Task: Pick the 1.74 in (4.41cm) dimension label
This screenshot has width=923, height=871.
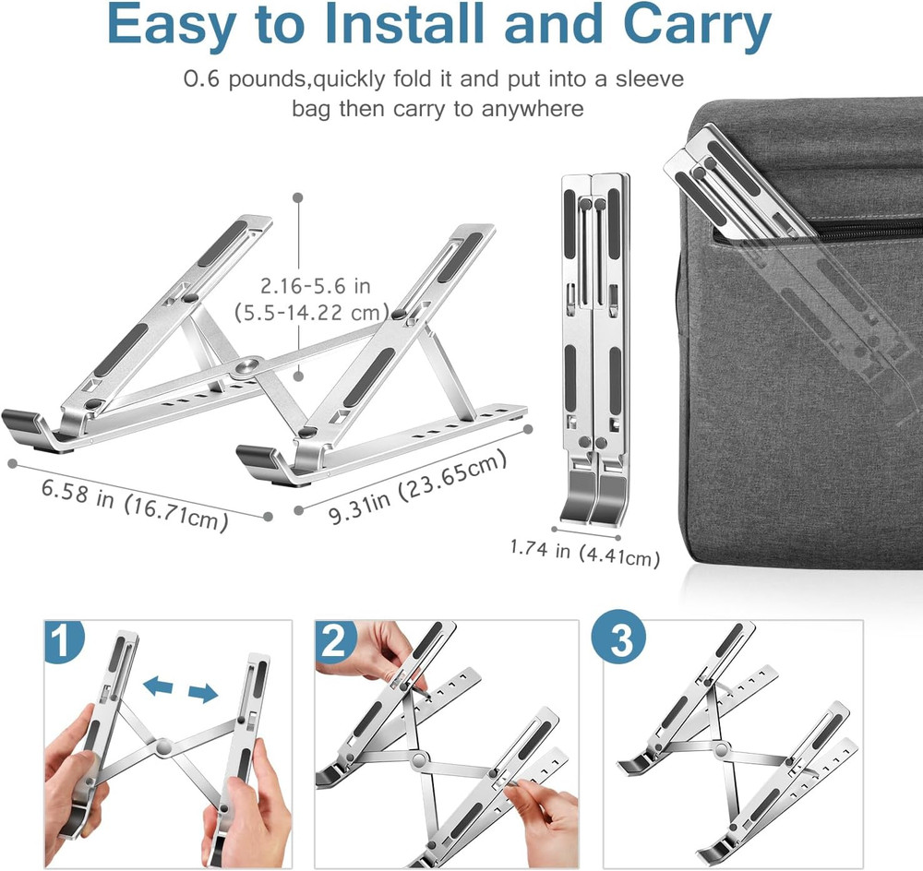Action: (x=585, y=551)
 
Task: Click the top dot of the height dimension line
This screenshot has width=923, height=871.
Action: (x=298, y=196)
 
